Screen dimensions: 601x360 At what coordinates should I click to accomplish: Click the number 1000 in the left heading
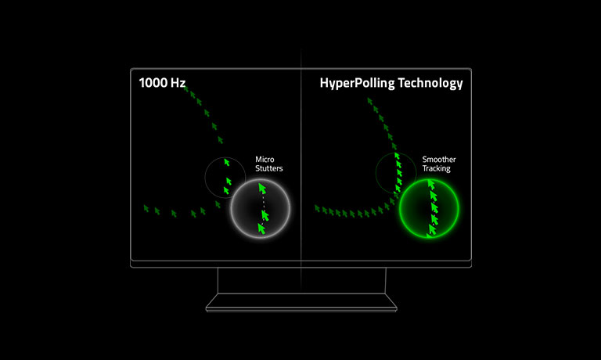coord(153,83)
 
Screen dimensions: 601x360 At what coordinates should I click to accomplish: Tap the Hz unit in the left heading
coord(178,83)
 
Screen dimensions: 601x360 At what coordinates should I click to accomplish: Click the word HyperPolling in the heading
coord(357,83)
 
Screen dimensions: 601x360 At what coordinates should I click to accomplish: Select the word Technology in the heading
coord(430,83)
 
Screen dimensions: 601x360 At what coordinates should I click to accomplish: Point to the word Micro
coord(265,159)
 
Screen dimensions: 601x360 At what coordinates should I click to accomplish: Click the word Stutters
coord(269,168)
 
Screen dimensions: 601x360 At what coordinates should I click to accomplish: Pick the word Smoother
coord(439,159)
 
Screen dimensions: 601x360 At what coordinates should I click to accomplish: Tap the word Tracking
coord(437,169)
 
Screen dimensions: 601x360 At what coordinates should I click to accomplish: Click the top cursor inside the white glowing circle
coord(262,189)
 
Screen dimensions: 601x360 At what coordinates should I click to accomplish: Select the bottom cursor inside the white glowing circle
coord(261,229)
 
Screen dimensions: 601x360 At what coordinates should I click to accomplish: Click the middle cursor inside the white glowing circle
coord(265,215)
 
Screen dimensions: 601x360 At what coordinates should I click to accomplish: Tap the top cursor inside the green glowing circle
coord(431,185)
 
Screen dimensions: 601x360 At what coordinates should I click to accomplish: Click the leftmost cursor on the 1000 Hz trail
coord(146,208)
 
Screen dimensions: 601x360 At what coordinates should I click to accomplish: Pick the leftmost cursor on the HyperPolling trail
coord(317,208)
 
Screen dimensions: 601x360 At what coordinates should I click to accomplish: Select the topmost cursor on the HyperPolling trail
coord(369,101)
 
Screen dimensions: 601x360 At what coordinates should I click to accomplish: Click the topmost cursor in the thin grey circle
coord(226,162)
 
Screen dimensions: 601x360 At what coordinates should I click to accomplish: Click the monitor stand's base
coord(301,303)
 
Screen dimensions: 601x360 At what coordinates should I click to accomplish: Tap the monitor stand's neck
coord(301,281)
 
